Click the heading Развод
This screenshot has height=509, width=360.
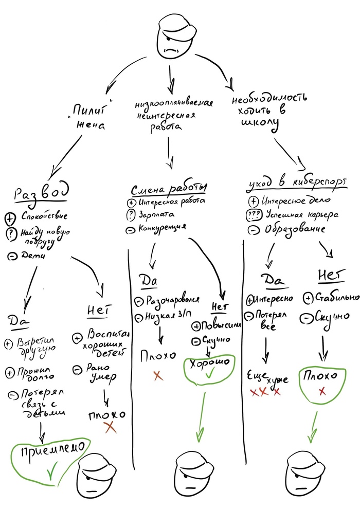coord(41,194)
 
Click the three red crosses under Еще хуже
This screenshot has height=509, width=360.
coord(265,392)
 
